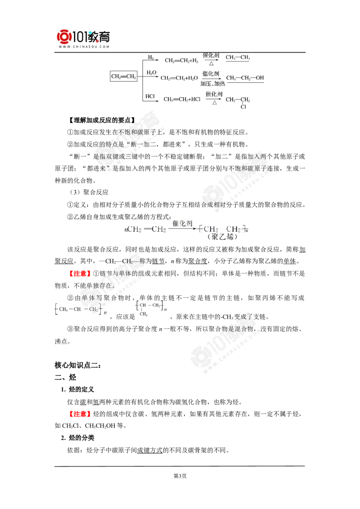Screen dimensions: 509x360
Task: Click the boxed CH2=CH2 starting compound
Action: (x=123, y=76)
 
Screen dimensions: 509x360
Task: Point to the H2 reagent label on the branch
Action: (x=151, y=57)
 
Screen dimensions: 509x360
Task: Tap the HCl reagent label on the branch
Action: (x=151, y=96)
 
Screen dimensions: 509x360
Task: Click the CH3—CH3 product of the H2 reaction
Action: (x=238, y=58)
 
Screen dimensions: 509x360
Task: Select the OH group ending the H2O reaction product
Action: (x=260, y=78)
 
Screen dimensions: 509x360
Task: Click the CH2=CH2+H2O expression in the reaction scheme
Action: (x=179, y=78)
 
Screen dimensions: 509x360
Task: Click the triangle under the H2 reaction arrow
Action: (x=210, y=64)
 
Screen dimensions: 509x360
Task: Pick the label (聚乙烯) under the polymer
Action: (x=221, y=237)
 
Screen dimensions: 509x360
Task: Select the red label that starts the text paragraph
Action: (x=79, y=273)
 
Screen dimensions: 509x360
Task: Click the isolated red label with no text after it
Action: (x=79, y=414)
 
